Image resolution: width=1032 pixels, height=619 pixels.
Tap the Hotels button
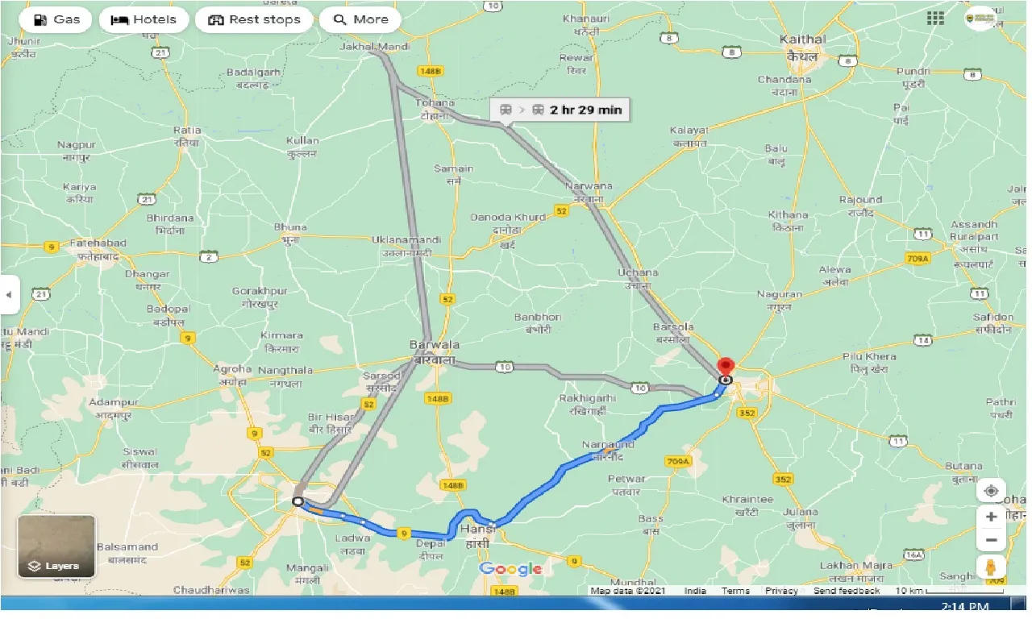coord(144,19)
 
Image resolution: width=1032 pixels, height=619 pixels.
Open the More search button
coord(360,19)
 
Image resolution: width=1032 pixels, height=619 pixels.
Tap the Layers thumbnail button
coord(56,546)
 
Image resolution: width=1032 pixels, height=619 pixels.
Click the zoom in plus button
coord(991,517)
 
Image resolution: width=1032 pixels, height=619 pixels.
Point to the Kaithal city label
coord(803,39)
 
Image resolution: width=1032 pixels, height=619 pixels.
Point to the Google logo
coord(511,570)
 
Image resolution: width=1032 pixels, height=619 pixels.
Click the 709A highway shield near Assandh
coord(917,258)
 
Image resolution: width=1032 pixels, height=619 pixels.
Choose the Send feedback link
coord(846,591)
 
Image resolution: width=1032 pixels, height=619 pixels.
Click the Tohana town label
coord(435,103)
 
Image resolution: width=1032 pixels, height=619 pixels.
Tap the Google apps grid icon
coord(935,19)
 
